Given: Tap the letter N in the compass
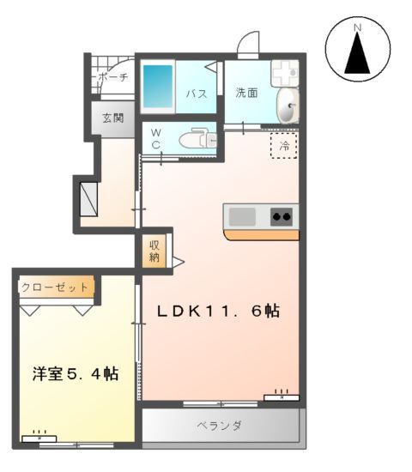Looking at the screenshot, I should click(x=357, y=29).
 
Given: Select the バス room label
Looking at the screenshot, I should click(x=196, y=94).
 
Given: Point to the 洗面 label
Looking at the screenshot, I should click(x=246, y=93).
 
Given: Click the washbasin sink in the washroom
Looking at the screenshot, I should click(x=288, y=106).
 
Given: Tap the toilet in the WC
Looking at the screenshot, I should click(x=197, y=138).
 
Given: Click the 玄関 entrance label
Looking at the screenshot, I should click(x=113, y=118).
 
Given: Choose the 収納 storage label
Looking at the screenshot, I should click(x=154, y=250).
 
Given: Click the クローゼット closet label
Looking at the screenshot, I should click(x=54, y=287).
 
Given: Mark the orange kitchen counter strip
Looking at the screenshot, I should click(x=261, y=234).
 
